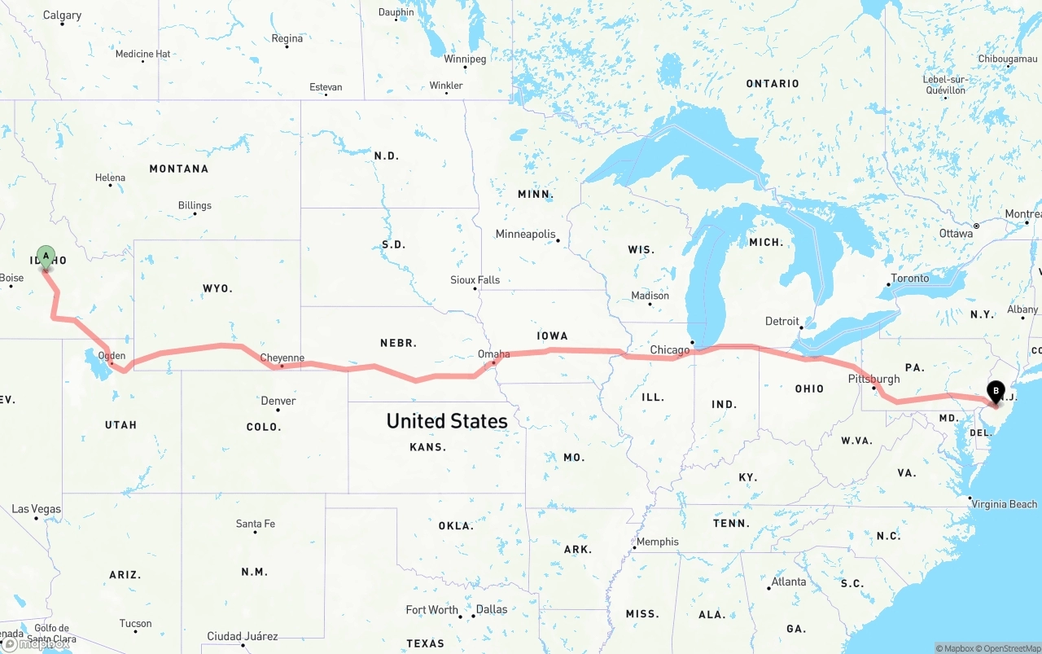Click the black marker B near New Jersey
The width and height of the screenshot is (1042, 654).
pyautogui.click(x=995, y=391)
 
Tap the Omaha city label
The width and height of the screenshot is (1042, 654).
pyautogui.click(x=494, y=354)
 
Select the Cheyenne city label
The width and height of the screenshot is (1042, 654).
pyautogui.click(x=282, y=358)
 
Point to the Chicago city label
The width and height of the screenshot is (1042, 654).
pyautogui.click(x=670, y=350)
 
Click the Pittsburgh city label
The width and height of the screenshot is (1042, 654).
pyautogui.click(x=873, y=379)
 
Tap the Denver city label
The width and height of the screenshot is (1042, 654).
pyautogui.click(x=278, y=401)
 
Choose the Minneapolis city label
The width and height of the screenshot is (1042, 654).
pyautogui.click(x=525, y=235)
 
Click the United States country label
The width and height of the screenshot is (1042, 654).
pyautogui.click(x=447, y=421)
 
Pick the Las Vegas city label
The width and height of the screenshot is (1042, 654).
pyautogui.click(x=36, y=509)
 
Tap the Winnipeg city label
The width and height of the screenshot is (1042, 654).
pyautogui.click(x=465, y=59)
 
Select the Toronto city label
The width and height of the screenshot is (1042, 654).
pyautogui.click(x=909, y=279)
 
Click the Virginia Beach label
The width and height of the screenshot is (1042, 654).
pyautogui.click(x=1004, y=504)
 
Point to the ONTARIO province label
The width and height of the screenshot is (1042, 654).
pyautogui.click(x=773, y=84)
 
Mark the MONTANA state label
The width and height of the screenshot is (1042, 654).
pyautogui.click(x=178, y=169)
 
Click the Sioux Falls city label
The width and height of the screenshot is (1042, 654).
pyautogui.click(x=475, y=280)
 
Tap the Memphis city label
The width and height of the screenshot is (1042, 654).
pyautogui.click(x=657, y=542)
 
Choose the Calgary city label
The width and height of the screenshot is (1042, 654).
pyautogui.click(x=62, y=15)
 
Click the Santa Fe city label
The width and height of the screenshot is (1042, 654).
pyautogui.click(x=255, y=524)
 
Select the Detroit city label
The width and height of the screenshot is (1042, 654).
pyautogui.click(x=781, y=321)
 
